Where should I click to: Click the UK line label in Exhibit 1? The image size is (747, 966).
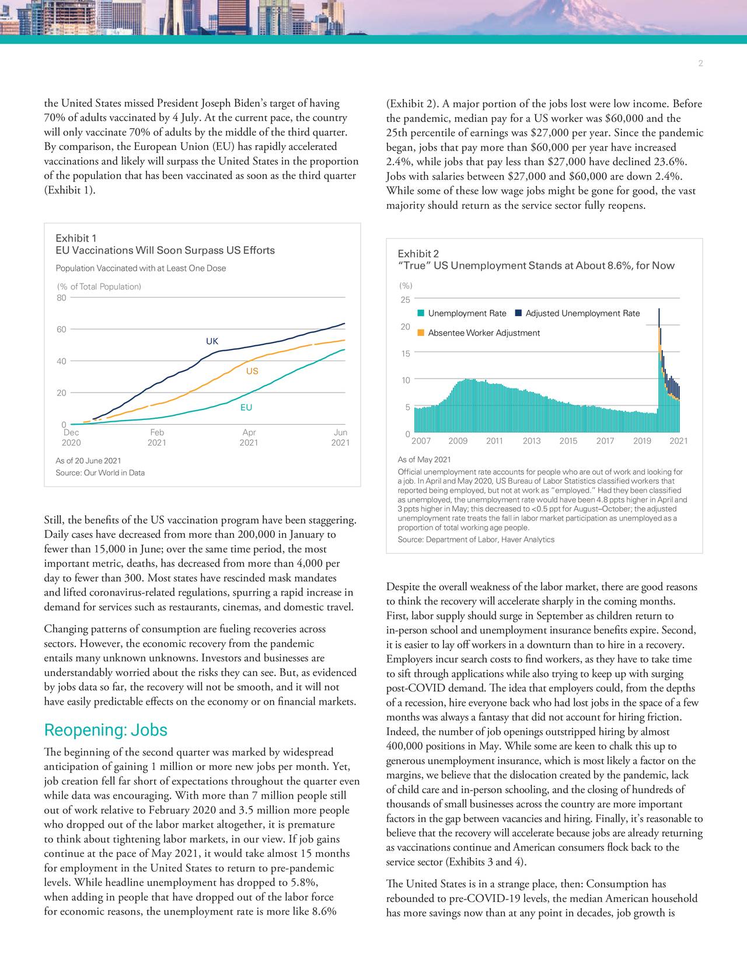[212, 341]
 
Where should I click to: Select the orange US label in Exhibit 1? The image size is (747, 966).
[252, 372]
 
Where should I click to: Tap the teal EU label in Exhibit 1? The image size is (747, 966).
[246, 408]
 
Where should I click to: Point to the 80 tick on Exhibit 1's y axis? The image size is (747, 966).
[61, 297]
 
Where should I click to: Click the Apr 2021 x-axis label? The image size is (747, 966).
[249, 437]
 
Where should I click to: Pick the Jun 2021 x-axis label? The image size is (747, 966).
[340, 437]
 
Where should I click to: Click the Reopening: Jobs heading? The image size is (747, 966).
[106, 730]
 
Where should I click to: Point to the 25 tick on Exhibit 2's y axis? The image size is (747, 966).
[405, 300]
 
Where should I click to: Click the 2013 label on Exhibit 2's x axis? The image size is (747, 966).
[531, 441]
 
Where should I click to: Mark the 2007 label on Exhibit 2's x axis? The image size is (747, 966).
[421, 441]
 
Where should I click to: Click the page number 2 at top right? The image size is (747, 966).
[700, 64]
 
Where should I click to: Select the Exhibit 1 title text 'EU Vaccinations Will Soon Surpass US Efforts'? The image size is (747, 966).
[165, 251]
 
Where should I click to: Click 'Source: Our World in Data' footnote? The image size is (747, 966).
[100, 473]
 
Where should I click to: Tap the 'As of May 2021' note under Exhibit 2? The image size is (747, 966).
[424, 460]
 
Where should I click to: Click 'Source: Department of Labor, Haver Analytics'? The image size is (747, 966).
[476, 540]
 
